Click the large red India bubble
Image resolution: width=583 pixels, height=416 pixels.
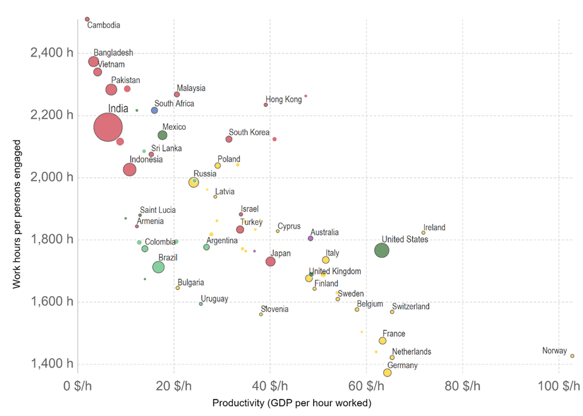(109, 127)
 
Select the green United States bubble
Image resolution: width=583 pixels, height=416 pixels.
(381, 250)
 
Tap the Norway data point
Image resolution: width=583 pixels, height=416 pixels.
(572, 356)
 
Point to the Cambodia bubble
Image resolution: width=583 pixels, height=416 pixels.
(87, 19)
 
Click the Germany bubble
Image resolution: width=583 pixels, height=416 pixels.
(387, 372)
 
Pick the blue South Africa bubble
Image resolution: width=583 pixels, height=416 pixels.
(154, 110)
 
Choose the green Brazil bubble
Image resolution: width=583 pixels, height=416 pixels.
(158, 267)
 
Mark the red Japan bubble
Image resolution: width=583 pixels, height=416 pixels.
(270, 262)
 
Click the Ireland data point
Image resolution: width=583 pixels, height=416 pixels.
(423, 233)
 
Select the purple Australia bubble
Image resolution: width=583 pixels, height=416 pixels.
(311, 238)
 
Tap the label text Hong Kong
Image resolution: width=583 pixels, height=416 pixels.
(284, 100)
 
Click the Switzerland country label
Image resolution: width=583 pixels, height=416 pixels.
(410, 307)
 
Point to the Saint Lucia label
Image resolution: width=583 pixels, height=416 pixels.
(158, 210)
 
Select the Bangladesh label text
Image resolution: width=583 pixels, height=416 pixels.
(113, 53)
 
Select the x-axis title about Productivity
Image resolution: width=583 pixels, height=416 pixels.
(291, 403)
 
